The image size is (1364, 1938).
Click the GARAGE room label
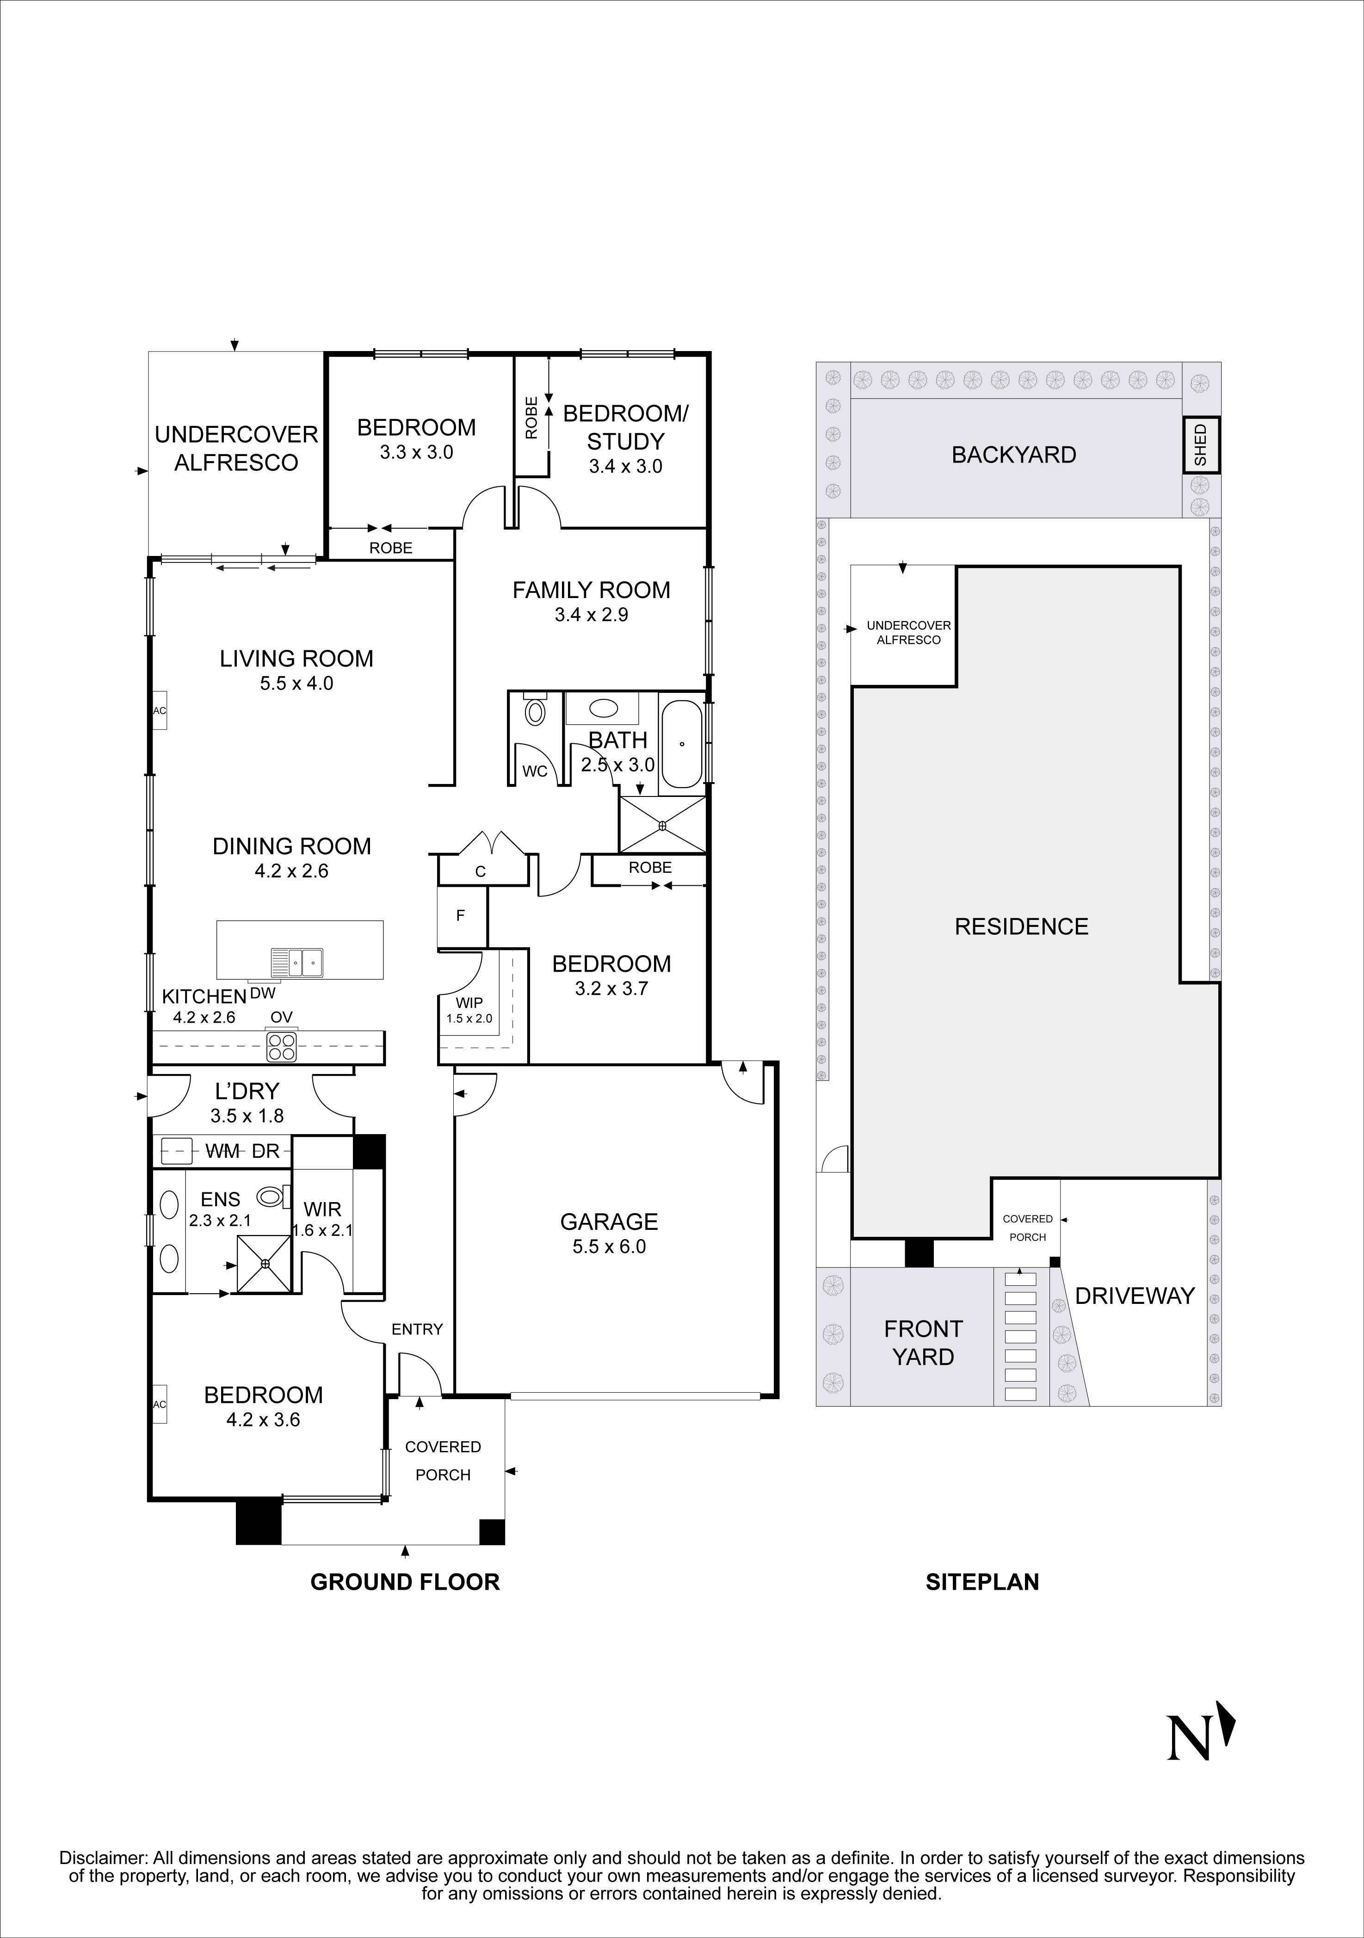click(x=609, y=1222)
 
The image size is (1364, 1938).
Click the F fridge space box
click(x=461, y=915)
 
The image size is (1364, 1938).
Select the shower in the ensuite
click(x=265, y=1264)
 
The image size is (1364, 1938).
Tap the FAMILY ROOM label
click(x=591, y=590)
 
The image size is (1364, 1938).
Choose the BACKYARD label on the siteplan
click(x=1014, y=455)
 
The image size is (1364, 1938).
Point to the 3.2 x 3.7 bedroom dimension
click(x=611, y=988)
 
